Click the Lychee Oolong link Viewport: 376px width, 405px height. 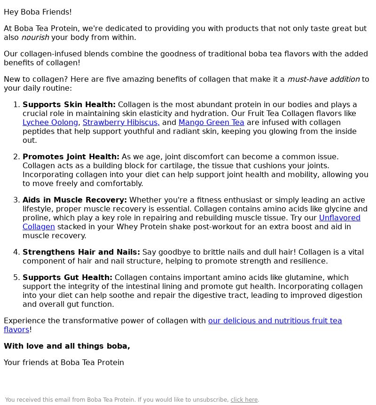coord(50,123)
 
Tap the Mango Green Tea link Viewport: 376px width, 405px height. coord(211,123)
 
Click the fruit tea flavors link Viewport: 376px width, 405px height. coord(274,321)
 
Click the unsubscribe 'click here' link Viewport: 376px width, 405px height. coord(244,400)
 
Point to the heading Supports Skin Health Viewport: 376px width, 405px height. coord(69,105)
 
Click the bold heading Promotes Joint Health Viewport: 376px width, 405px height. coord(70,157)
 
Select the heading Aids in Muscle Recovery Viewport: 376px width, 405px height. coord(74,200)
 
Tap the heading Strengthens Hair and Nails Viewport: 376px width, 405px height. coord(81,252)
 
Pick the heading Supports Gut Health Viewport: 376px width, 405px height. coord(67,278)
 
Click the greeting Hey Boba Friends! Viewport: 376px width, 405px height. coord(38,12)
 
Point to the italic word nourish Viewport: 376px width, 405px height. coord(35,38)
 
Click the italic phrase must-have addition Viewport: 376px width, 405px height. coord(323,79)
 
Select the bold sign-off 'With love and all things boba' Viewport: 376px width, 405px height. coord(67,346)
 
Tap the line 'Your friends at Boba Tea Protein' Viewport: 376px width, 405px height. coord(64,363)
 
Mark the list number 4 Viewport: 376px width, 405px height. coord(16,252)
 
